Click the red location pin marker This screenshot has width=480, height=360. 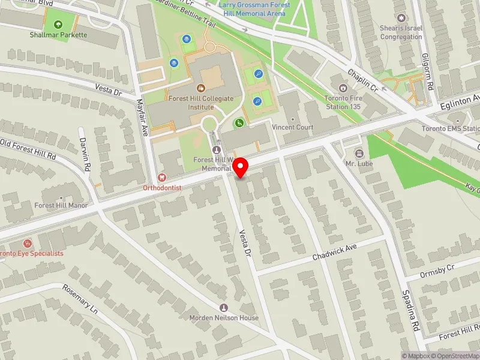click(241, 167)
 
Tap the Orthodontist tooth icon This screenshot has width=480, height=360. click(161, 178)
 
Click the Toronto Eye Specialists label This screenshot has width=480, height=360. click(31, 253)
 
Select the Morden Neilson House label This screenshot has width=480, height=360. click(224, 317)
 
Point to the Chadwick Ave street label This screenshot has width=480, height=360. click(335, 252)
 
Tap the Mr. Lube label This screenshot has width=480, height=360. click(359, 163)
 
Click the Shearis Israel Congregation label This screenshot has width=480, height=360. click(401, 32)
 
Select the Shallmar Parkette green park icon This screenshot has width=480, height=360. click(58, 25)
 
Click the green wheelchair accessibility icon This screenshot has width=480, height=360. click(239, 123)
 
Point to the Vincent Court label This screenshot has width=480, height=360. click(292, 127)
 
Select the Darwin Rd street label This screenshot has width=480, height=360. click(85, 154)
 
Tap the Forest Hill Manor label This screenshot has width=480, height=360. click(61, 205)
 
